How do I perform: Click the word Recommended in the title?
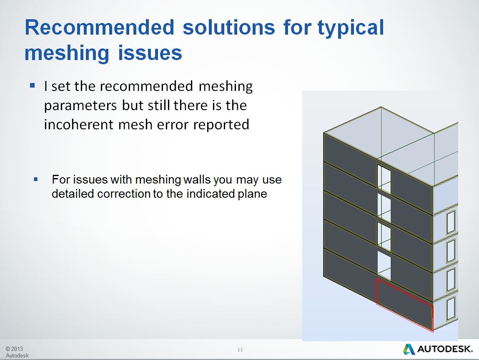[x=99, y=28]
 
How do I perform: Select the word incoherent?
[x=79, y=124]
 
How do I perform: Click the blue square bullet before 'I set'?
[x=32, y=86]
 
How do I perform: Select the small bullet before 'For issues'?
[x=35, y=179]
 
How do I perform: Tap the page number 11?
[x=240, y=350]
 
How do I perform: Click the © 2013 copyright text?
[x=14, y=349]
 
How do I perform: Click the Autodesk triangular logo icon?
[x=409, y=349]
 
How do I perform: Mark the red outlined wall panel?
[x=404, y=303]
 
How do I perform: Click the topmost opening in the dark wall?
[x=384, y=179]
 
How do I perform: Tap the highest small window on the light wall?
[x=451, y=222]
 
